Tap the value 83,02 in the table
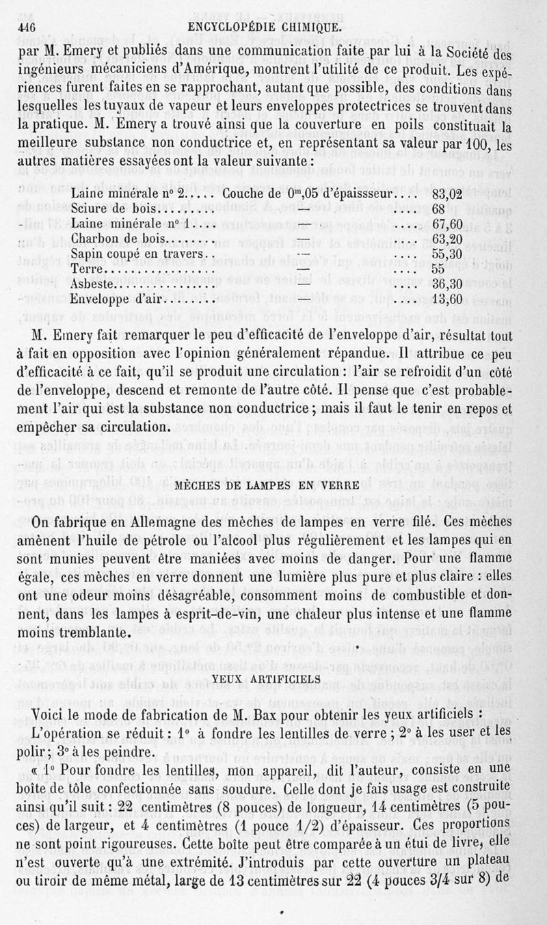point(449,193)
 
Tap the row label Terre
point(86,268)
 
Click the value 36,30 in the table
point(449,283)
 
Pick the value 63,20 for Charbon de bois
point(449,239)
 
